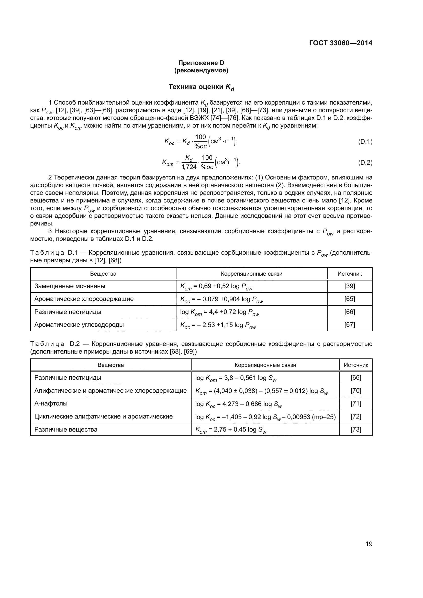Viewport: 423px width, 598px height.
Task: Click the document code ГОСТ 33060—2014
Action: click(x=340, y=43)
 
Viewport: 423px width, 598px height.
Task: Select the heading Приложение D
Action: click(x=201, y=63)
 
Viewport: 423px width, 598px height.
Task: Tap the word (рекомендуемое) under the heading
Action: click(x=201, y=70)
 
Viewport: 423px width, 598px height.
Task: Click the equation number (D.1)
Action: click(x=365, y=142)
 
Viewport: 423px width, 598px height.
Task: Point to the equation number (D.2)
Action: click(x=365, y=163)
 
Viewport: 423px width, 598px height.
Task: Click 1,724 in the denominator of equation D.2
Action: click(x=189, y=167)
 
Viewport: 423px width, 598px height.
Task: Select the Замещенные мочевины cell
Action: click(x=70, y=286)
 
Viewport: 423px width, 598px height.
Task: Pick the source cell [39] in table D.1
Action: click(x=350, y=286)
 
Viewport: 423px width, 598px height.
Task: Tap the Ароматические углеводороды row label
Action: click(x=79, y=324)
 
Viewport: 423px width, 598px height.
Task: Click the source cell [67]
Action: click(x=350, y=324)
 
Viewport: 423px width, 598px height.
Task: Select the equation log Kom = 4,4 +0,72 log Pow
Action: click(x=220, y=312)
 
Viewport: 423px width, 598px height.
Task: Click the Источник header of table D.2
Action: click(x=356, y=365)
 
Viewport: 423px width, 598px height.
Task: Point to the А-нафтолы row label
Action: click(x=51, y=403)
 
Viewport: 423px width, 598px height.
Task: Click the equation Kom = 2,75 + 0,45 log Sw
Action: click(x=231, y=430)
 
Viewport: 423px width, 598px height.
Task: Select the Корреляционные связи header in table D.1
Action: click(x=251, y=274)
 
